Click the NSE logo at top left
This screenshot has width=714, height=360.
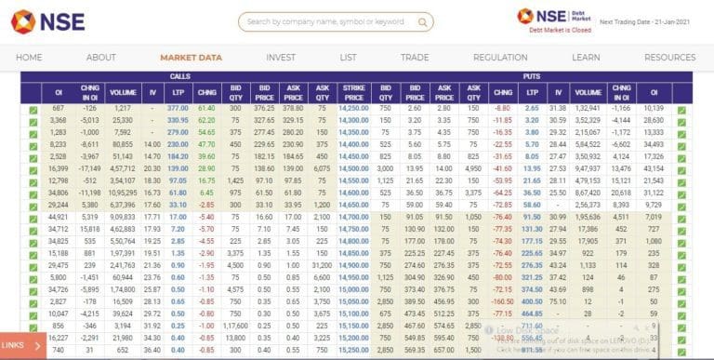click(47, 20)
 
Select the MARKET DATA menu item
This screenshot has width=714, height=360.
click(191, 58)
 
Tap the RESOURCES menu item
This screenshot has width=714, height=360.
click(669, 58)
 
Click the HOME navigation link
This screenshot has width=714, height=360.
click(29, 58)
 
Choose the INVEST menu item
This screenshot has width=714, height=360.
click(281, 58)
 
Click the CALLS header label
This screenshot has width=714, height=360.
click(180, 76)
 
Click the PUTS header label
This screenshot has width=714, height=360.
click(532, 76)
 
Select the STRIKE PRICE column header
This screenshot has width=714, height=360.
click(354, 92)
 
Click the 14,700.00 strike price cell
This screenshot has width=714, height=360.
click(353, 217)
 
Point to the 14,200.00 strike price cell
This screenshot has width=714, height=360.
click(353, 108)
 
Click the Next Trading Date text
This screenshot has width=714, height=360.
click(644, 20)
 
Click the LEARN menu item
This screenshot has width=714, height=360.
click(586, 58)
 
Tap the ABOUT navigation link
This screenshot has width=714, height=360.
click(101, 58)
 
